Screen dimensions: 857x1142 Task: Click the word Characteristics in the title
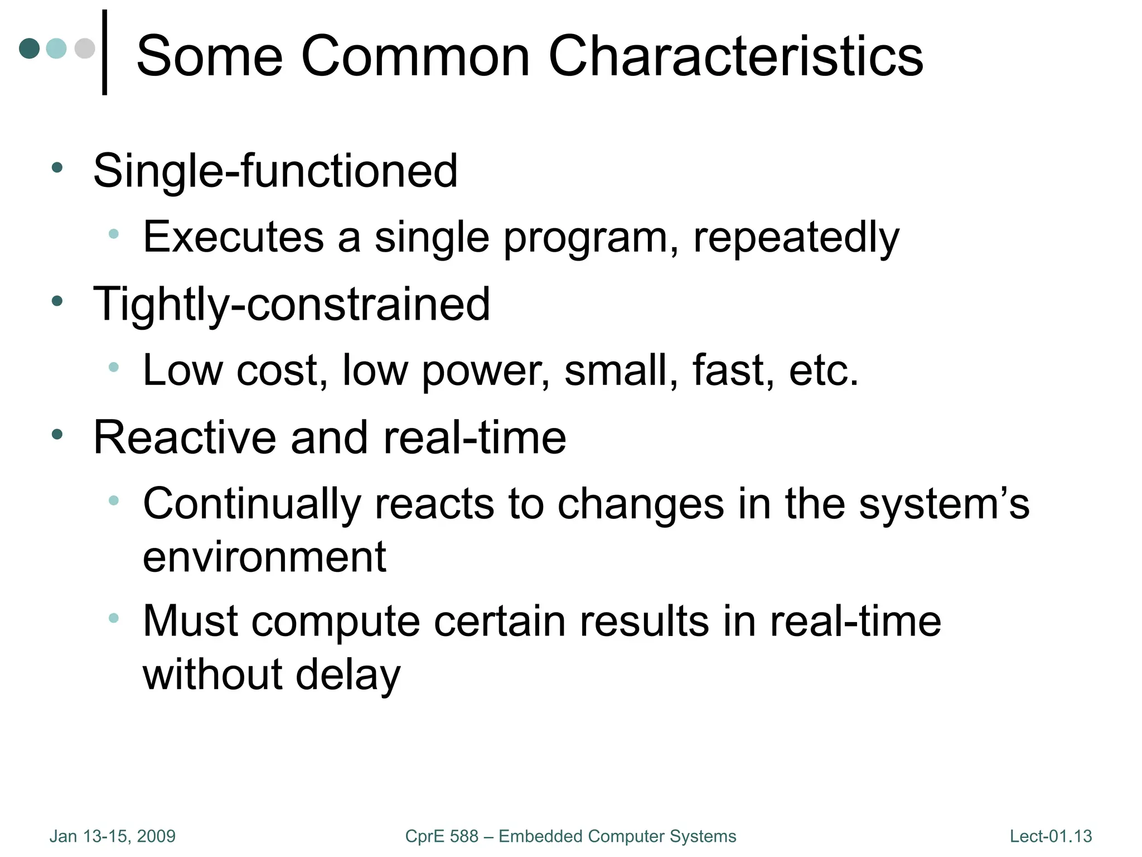(x=735, y=56)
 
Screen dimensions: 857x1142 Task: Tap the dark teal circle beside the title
(x=30, y=49)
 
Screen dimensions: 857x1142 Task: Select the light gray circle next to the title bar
(x=84, y=49)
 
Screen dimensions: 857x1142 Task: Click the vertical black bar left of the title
(x=104, y=52)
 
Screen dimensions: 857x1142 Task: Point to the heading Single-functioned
(x=275, y=171)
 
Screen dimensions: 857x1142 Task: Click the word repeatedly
(x=796, y=238)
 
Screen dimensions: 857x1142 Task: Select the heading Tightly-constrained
(x=291, y=305)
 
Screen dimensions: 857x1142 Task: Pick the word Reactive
(x=184, y=438)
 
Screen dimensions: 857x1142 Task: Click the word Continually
(x=251, y=504)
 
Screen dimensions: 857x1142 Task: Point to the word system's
(x=943, y=504)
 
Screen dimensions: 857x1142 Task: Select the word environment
(x=264, y=557)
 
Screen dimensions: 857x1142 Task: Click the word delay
(x=347, y=675)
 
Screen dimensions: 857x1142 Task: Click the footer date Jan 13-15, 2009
(x=112, y=836)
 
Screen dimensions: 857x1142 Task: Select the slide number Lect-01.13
(x=1051, y=836)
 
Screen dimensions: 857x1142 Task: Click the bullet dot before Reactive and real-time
(x=57, y=435)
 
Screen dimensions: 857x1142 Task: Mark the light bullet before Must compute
(x=114, y=618)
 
